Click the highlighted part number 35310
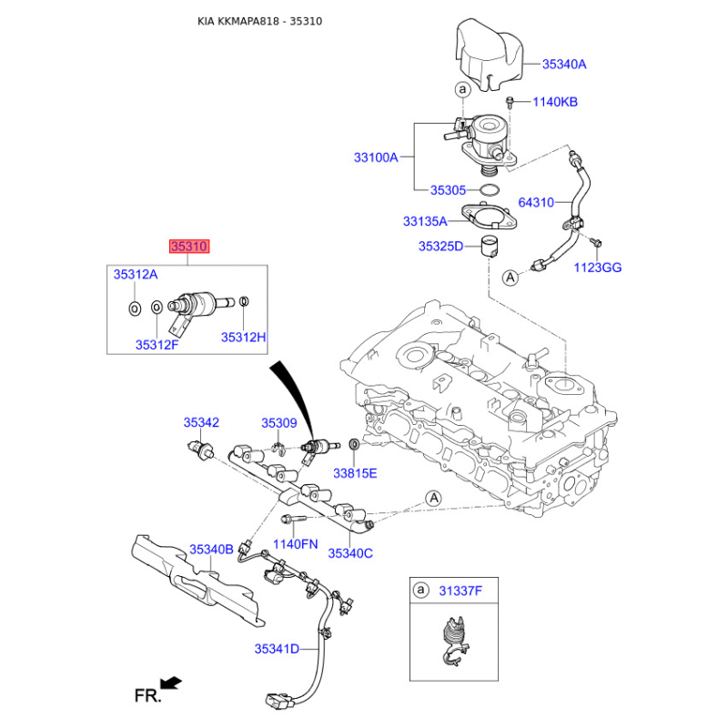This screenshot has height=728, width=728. point(189,246)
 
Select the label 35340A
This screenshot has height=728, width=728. point(564,64)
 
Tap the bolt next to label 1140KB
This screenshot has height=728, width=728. point(511,102)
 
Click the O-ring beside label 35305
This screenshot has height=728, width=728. point(490,190)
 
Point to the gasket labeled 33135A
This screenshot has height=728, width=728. point(489,218)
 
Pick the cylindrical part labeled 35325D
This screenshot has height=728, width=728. point(489,246)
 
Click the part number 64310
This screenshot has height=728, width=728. point(536,202)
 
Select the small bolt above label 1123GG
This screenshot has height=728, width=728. point(596,242)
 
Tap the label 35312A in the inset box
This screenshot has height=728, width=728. point(136,275)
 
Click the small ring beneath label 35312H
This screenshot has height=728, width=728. point(244,302)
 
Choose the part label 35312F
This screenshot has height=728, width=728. point(157,345)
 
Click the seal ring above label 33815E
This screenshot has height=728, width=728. point(354,444)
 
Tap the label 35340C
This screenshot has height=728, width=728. point(350,553)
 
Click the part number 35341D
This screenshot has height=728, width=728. point(277,649)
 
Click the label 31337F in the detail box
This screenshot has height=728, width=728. point(460,591)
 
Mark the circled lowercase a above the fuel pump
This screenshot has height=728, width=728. point(462,88)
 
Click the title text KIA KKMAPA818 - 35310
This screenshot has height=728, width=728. point(260,21)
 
